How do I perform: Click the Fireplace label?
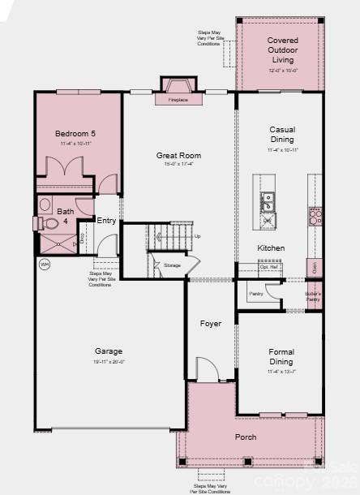tap(178, 101)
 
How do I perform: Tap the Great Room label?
tap(179, 155)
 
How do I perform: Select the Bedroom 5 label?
tap(75, 133)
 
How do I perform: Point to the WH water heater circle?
tap(44, 264)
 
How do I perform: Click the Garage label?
tap(108, 351)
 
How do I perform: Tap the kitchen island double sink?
tap(267, 200)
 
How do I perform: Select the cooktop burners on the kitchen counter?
tap(314, 217)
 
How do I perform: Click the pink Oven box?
tap(312, 267)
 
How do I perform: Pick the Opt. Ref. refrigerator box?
tap(269, 266)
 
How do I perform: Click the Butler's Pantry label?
tap(313, 296)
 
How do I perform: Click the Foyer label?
tap(211, 324)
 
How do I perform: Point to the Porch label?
tap(246, 437)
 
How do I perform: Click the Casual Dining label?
tap(282, 134)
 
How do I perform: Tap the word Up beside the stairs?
tap(197, 236)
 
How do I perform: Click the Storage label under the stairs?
tap(172, 265)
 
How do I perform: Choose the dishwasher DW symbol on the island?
tap(267, 218)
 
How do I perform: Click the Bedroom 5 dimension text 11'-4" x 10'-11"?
tap(75, 144)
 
